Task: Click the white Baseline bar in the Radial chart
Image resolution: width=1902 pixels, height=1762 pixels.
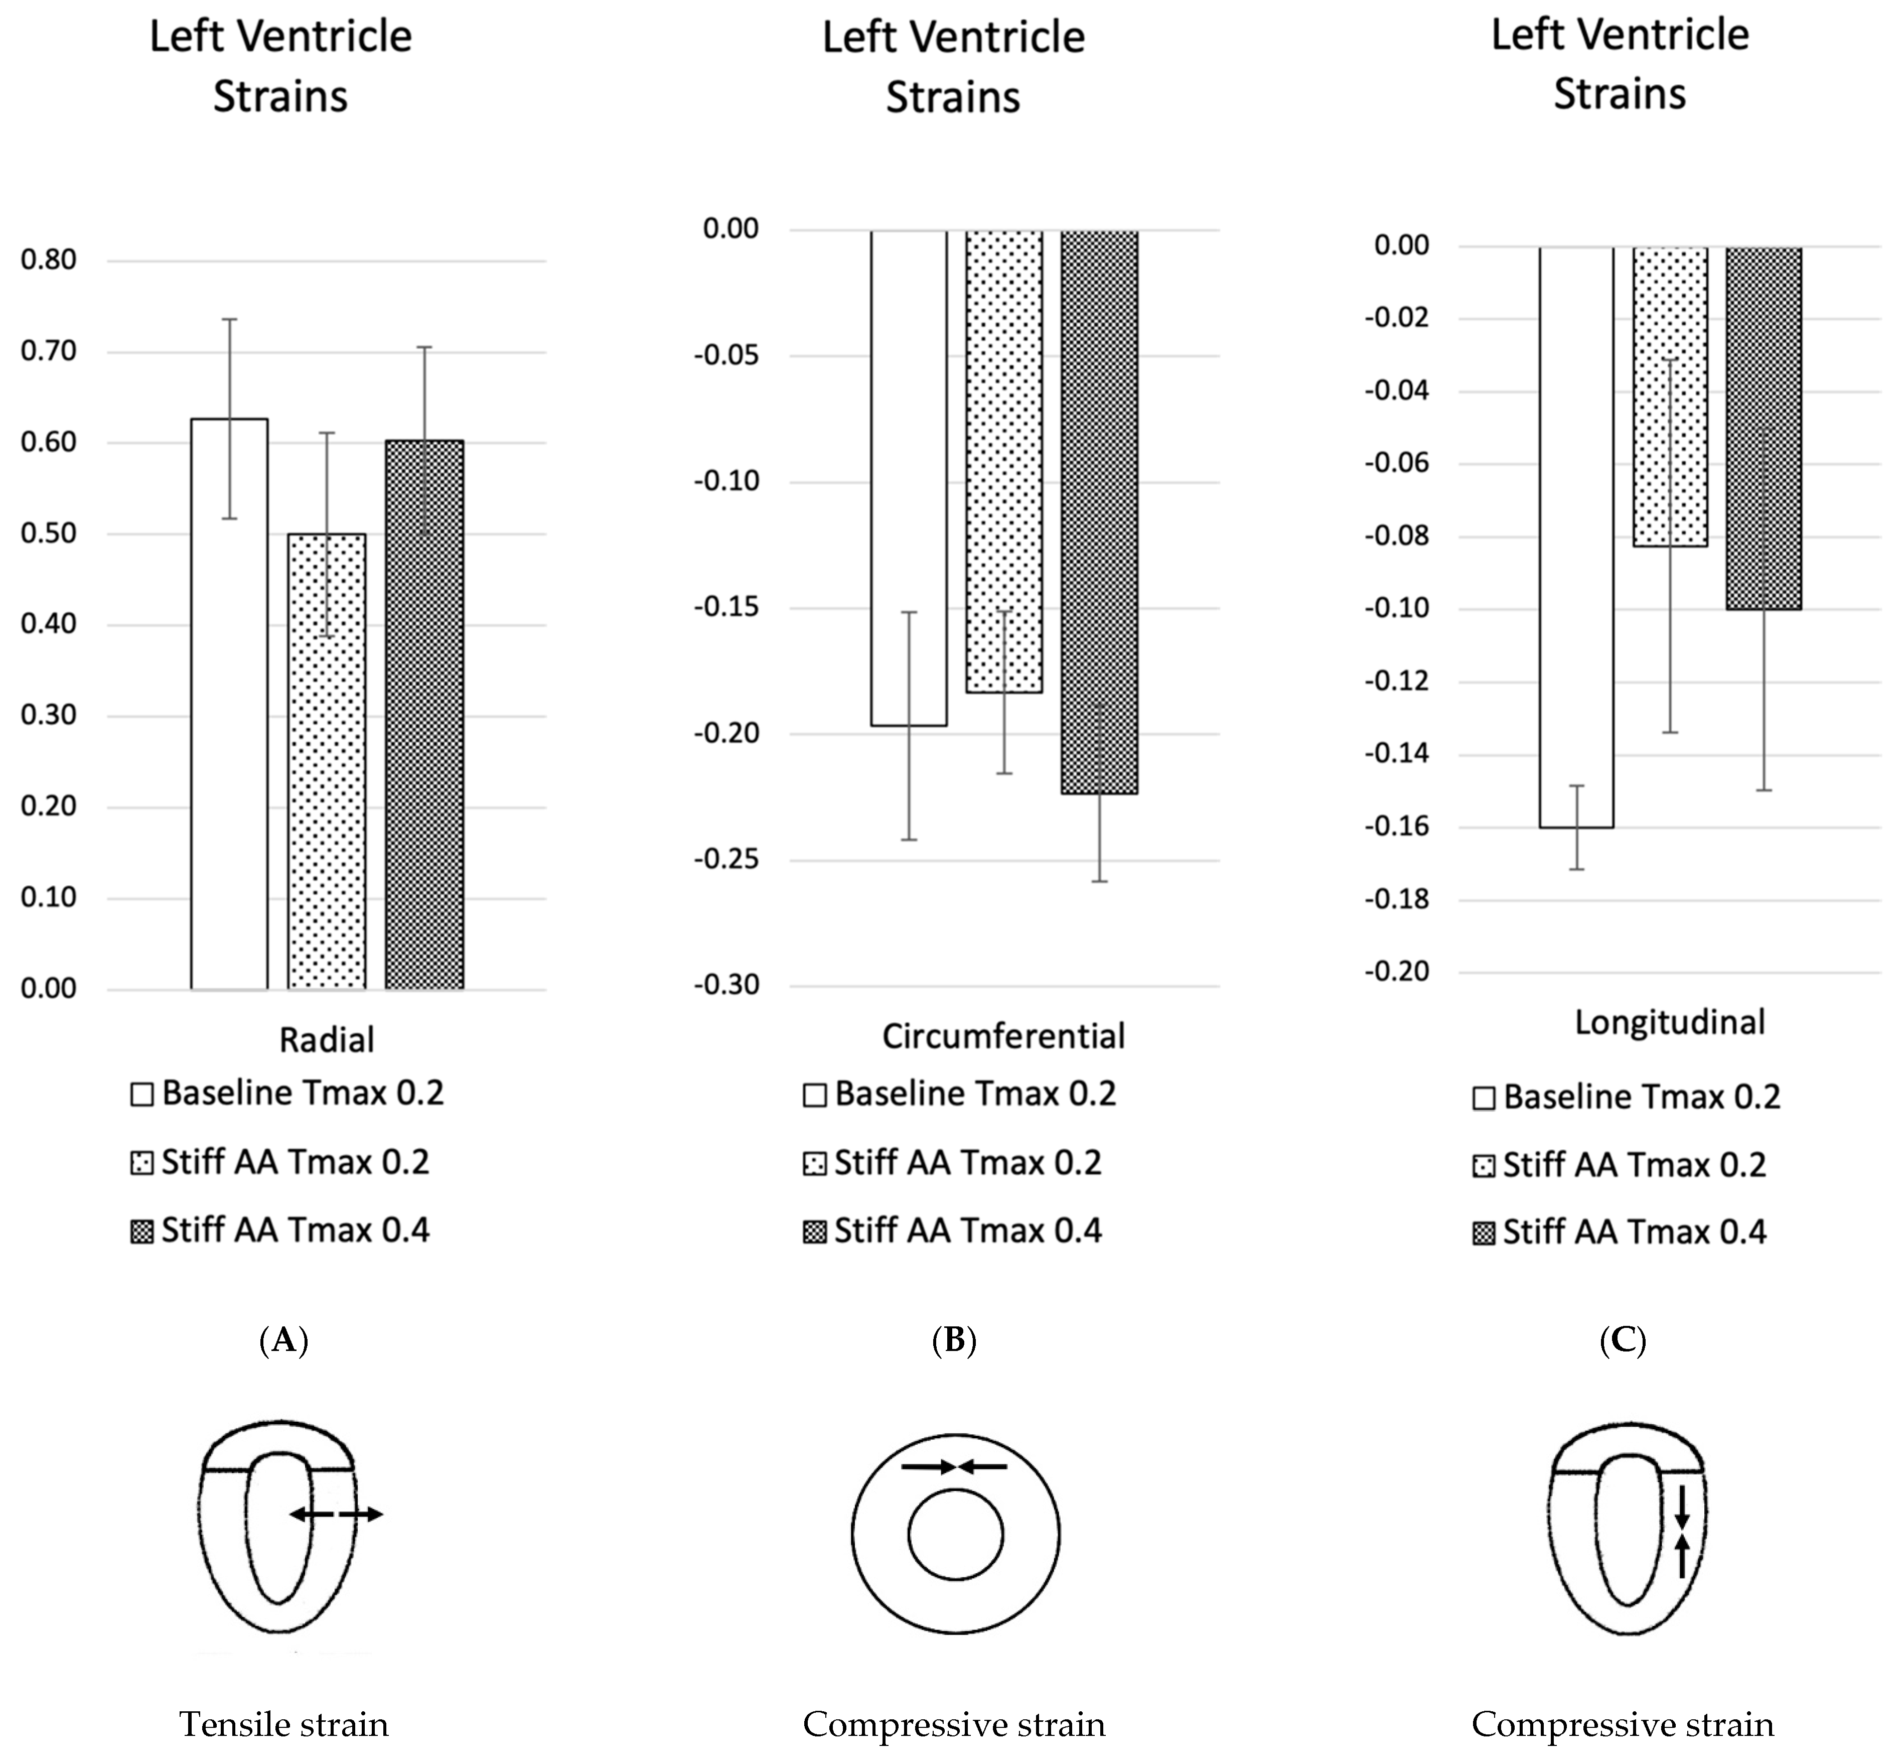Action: [x=229, y=706]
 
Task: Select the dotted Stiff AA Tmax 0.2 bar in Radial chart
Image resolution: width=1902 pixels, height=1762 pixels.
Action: [x=326, y=763]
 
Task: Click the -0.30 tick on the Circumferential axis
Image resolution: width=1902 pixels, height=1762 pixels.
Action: [x=726, y=985]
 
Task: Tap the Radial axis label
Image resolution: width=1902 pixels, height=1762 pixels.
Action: [x=326, y=1039]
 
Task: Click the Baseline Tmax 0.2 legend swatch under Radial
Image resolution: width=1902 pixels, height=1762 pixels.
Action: [x=142, y=1094]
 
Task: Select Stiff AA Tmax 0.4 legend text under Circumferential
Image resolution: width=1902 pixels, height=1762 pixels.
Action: [x=968, y=1231]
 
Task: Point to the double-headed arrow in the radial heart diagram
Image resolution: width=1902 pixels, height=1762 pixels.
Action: [x=336, y=1513]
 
